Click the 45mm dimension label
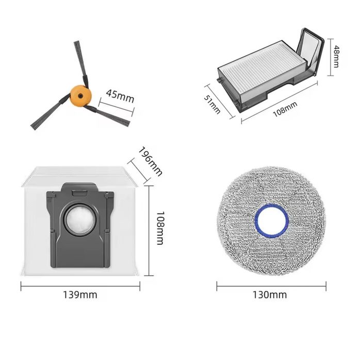pos(120,96)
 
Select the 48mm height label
pos(336,56)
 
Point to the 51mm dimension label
pos(212,104)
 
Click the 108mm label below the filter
pos(285,109)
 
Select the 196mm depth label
pos(151,161)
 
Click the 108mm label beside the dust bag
pos(160,228)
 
